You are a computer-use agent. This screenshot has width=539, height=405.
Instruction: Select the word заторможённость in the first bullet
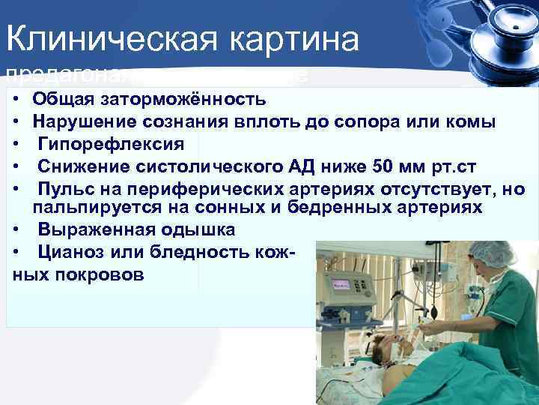pos(174,99)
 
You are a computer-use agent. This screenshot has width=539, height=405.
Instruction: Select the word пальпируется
pos(82,206)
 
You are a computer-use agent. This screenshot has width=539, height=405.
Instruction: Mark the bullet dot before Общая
pos(16,99)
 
